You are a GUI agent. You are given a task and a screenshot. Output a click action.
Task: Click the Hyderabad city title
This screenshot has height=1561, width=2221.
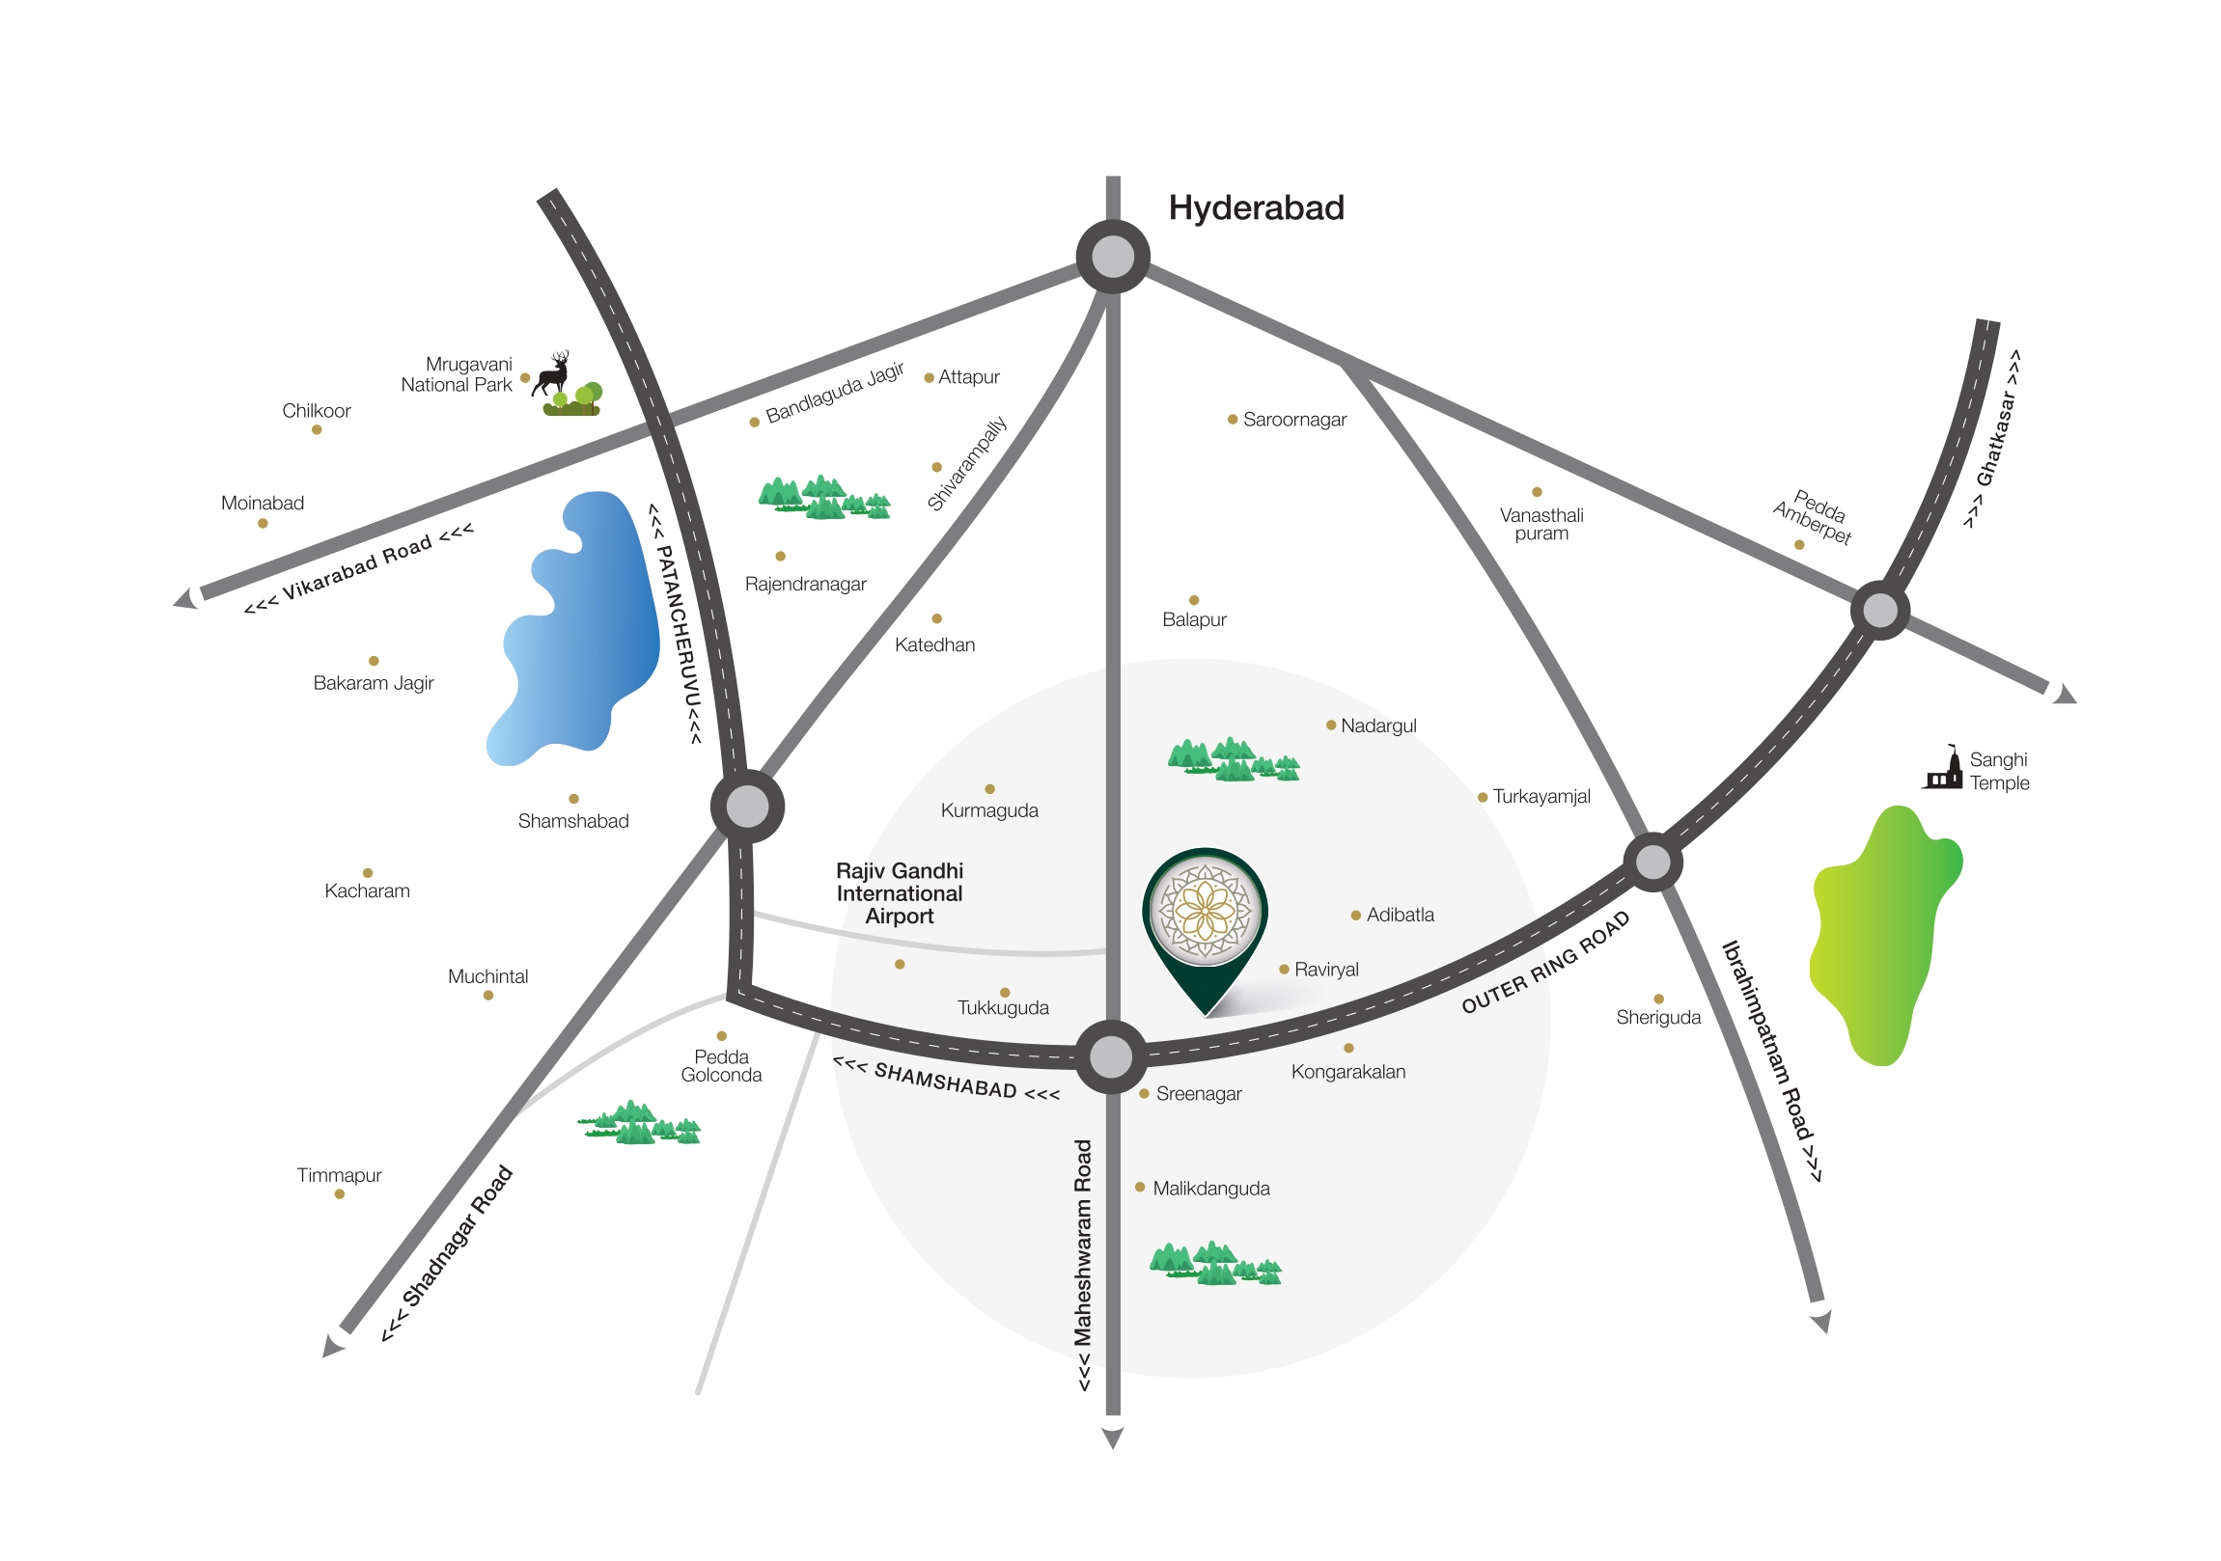pos(1256,208)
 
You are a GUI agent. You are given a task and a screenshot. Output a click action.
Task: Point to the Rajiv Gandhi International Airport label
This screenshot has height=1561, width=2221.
pos(900,893)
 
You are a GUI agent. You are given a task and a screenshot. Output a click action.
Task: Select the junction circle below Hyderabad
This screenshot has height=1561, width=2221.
pos(1113,257)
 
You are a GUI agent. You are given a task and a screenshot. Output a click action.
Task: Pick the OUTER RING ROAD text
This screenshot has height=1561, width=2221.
pos(1545,962)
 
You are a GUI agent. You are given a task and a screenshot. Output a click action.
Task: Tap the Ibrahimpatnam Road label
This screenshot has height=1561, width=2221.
pos(1772,1060)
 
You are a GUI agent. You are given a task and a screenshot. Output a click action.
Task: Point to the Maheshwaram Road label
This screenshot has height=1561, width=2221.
pos(1083,1265)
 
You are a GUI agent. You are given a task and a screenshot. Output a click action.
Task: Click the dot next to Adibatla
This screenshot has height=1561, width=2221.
pos(1356,915)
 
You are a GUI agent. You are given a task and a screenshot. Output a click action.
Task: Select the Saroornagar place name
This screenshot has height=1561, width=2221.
pos(1294,420)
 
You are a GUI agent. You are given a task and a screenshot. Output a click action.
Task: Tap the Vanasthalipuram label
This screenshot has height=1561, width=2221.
pos(1541,524)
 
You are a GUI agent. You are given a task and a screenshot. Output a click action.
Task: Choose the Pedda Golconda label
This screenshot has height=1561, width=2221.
pos(722,1066)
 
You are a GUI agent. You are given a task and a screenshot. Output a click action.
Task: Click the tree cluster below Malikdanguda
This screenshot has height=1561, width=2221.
pos(1215,1263)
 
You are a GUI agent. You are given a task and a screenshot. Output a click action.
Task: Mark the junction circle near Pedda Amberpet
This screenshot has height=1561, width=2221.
pos(1879,611)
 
